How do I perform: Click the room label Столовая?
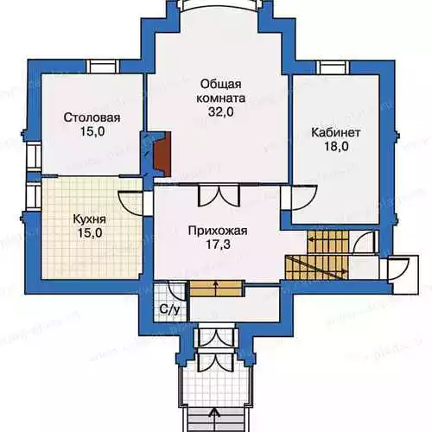[x=92, y=118]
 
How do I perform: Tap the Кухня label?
[x=90, y=219]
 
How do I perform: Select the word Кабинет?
[x=336, y=133]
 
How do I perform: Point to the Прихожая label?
[x=218, y=231]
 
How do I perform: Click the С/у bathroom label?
[x=170, y=310]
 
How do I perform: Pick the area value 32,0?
[x=221, y=112]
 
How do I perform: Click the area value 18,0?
[x=336, y=147]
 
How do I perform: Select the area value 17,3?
[x=218, y=245]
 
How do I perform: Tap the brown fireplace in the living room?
[x=162, y=154]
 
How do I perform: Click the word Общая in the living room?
[x=220, y=85]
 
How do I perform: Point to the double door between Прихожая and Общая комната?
[x=219, y=195]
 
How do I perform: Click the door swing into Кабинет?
[x=304, y=198]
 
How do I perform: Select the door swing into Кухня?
[x=130, y=203]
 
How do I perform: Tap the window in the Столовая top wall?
[x=103, y=67]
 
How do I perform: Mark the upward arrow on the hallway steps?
[x=215, y=288]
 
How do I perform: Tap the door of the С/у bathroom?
[x=176, y=290]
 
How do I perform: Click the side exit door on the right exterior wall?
[x=398, y=269]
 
